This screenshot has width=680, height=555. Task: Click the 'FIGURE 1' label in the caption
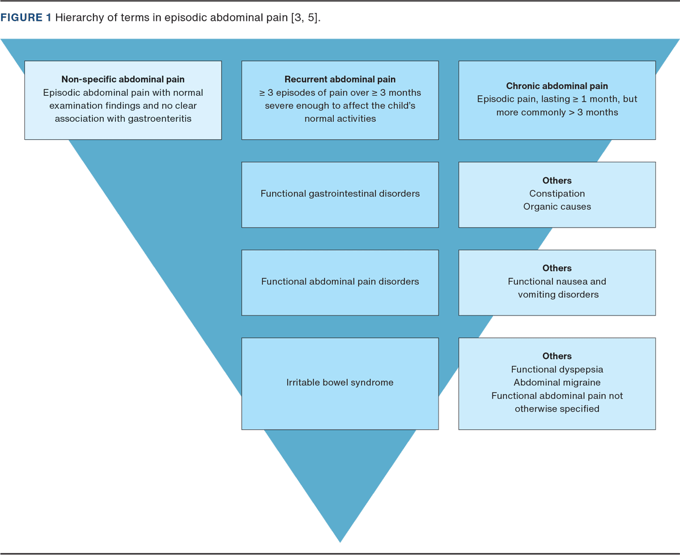26,18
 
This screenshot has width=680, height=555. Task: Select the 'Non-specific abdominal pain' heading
123,79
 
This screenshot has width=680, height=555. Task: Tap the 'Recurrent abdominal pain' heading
340,79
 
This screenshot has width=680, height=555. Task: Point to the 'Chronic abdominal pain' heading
557,86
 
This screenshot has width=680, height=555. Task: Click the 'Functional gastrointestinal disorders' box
340,194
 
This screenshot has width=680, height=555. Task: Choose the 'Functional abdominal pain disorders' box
340,282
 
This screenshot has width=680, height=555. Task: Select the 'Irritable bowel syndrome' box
340,383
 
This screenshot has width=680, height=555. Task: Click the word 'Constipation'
557,194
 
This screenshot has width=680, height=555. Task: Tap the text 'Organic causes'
557,207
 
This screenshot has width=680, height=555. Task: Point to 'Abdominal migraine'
557,383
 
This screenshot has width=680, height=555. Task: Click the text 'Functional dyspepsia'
557,370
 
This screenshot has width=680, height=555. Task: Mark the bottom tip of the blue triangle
340,541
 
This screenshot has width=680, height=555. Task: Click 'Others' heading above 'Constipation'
557,181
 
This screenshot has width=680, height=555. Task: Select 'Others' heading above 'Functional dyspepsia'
557,356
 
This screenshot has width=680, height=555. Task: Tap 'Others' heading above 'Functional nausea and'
557,268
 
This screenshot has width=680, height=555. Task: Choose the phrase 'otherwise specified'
557,409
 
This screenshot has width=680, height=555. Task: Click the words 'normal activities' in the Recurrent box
340,119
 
